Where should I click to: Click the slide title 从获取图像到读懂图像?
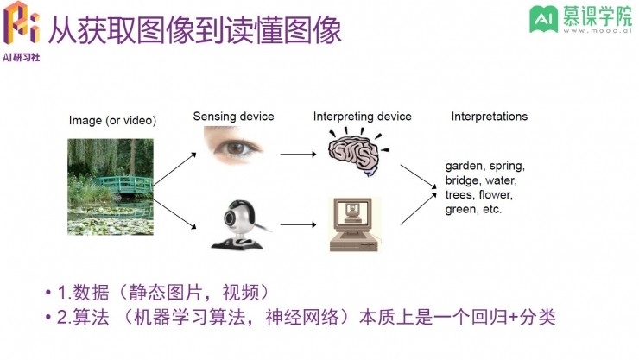[x=194, y=30]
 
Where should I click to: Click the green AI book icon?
[x=543, y=19]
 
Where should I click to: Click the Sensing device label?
[x=233, y=116]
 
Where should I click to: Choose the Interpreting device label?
[x=362, y=116]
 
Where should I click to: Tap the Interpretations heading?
[x=489, y=116]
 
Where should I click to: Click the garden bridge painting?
[x=111, y=186]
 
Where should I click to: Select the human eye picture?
[x=235, y=146]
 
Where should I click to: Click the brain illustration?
[x=355, y=151]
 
